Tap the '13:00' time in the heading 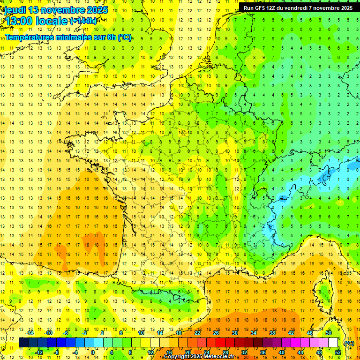click(x=19, y=21)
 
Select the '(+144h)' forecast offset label click(x=83, y=21)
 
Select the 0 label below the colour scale click(x=93, y=352)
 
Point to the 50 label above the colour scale click(x=328, y=333)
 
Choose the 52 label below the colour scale click(x=338, y=352)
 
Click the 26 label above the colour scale click(x=216, y=333)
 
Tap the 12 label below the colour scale click(x=150, y=352)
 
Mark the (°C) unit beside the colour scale click(x=349, y=343)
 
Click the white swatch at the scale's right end click(x=333, y=343)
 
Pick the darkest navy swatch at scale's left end click(x=23, y=343)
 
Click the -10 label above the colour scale click(x=48, y=333)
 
